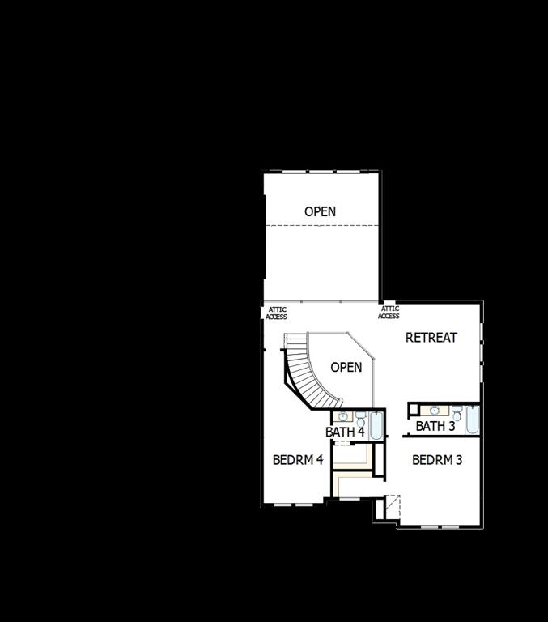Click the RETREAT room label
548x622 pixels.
pos(431,338)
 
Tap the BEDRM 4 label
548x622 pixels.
pos(298,459)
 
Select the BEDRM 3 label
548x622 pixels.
pos(437,460)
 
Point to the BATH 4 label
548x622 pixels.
pos(345,432)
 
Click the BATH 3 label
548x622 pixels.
pos(435,426)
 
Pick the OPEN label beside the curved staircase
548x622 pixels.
pos(346,367)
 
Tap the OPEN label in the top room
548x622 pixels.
pos(320,211)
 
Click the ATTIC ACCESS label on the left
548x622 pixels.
pos(277,313)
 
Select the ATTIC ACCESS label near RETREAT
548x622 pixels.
pos(389,312)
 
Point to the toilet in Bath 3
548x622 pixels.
pos(457,411)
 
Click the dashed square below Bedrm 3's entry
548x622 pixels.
pos(389,505)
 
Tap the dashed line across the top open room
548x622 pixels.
pos(322,225)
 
